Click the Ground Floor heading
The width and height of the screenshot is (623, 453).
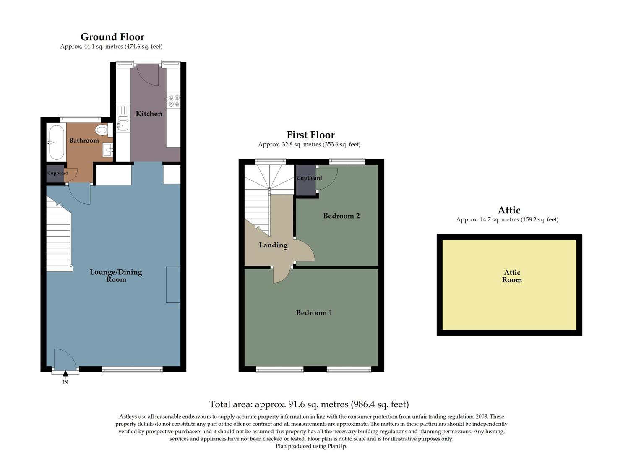pyautogui.click(x=112, y=37)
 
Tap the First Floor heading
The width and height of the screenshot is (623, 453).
pyautogui.click(x=310, y=135)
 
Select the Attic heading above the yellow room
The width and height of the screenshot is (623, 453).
pyautogui.click(x=509, y=210)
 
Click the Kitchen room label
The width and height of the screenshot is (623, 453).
pyautogui.click(x=149, y=114)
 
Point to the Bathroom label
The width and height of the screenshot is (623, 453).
pyautogui.click(x=84, y=140)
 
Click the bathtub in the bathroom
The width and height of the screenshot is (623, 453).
pyautogui.click(x=56, y=142)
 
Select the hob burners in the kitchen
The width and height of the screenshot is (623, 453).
pyautogui.click(x=173, y=101)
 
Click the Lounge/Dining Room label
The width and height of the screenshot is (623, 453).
pyautogui.click(x=116, y=276)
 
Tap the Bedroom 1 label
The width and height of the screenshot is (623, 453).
pyautogui.click(x=314, y=312)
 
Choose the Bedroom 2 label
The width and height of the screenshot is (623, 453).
pyautogui.click(x=341, y=216)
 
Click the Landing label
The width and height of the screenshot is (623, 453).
pyautogui.click(x=273, y=245)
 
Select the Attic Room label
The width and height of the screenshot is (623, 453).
pyautogui.click(x=512, y=276)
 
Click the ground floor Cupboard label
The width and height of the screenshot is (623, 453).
pyautogui.click(x=57, y=173)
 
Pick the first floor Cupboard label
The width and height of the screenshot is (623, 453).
pyautogui.click(x=309, y=178)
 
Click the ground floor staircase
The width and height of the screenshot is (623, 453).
pyautogui.click(x=58, y=239)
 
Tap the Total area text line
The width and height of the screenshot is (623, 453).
pyautogui.click(x=309, y=404)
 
